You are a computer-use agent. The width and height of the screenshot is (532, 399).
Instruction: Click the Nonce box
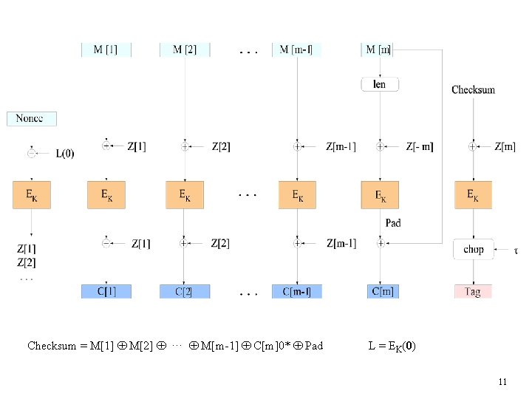[31, 118]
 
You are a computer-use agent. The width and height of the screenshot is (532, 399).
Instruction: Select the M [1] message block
[106, 50]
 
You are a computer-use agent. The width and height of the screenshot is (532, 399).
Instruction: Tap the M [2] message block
[185, 50]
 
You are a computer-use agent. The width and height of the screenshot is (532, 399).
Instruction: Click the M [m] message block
[379, 50]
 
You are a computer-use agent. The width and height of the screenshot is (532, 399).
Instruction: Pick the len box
[380, 84]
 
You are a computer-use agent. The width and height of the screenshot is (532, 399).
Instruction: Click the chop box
[473, 249]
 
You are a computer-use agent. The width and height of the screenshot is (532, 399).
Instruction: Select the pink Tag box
[473, 292]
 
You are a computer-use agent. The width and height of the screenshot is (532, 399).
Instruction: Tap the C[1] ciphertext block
[106, 292]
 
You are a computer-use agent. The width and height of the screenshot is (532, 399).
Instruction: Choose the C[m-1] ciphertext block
[297, 292]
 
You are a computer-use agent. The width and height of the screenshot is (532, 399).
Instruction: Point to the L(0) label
[65, 154]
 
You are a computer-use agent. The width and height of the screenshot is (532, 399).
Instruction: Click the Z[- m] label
[420, 147]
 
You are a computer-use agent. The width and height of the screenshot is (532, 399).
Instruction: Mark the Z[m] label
[505, 147]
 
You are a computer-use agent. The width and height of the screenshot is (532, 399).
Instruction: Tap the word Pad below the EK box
[393, 222]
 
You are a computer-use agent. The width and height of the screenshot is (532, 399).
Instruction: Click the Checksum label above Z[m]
[473, 90]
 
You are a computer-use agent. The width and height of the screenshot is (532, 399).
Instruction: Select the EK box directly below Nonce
[31, 195]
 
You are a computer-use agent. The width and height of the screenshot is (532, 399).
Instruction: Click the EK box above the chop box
[473, 195]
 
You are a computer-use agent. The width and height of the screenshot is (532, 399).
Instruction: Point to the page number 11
[502, 382]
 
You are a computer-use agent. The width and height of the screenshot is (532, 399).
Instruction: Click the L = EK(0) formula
[392, 345]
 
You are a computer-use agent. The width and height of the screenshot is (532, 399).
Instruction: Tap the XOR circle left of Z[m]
[473, 147]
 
